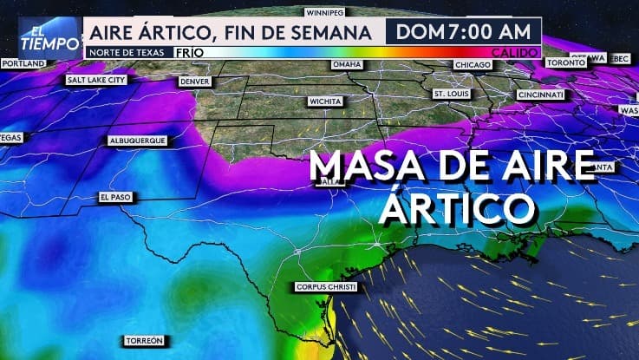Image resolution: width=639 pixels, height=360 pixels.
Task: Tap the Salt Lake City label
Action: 96,80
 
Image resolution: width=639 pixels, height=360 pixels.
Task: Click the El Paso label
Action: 114,198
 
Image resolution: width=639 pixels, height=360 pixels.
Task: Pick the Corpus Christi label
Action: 326,286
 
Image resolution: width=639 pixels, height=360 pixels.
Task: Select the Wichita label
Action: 326,101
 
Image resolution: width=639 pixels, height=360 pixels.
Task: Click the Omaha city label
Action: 347,65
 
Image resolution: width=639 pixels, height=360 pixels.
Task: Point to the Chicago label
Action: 473,64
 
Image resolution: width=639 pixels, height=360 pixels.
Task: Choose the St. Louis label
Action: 451,93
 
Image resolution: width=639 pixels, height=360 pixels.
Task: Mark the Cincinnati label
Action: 540,94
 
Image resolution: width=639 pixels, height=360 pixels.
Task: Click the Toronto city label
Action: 567,63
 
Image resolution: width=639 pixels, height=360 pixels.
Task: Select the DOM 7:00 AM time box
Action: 464,33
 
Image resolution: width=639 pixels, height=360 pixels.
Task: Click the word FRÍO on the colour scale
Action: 189,52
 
